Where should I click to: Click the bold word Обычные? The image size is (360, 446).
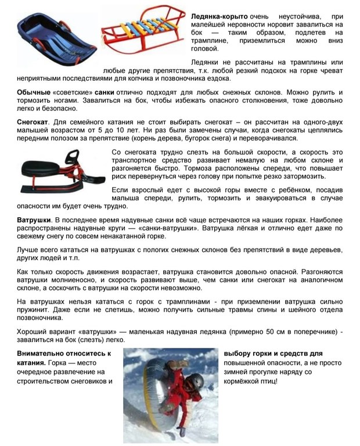pyautogui.click(x=34, y=93)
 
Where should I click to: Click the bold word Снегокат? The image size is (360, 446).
pyautogui.click(x=34, y=123)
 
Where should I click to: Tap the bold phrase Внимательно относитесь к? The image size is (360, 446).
pyautogui.click(x=64, y=353)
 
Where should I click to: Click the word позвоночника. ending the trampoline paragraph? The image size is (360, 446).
pyautogui.click(x=39, y=318)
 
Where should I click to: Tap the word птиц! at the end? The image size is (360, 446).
pyautogui.click(x=268, y=381)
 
